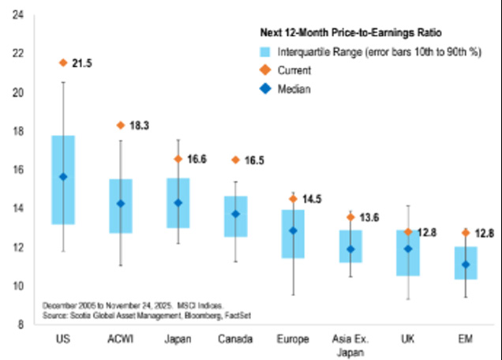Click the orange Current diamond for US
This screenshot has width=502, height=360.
point(63,62)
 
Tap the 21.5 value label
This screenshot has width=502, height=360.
point(83,62)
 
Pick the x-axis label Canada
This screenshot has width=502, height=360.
point(235,339)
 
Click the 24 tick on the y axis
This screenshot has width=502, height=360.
point(17,15)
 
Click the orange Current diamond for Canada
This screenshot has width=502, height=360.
point(235,159)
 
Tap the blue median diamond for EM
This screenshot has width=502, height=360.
point(465,264)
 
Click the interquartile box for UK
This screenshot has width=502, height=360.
point(407,264)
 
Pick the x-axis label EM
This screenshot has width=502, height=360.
point(465,339)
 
